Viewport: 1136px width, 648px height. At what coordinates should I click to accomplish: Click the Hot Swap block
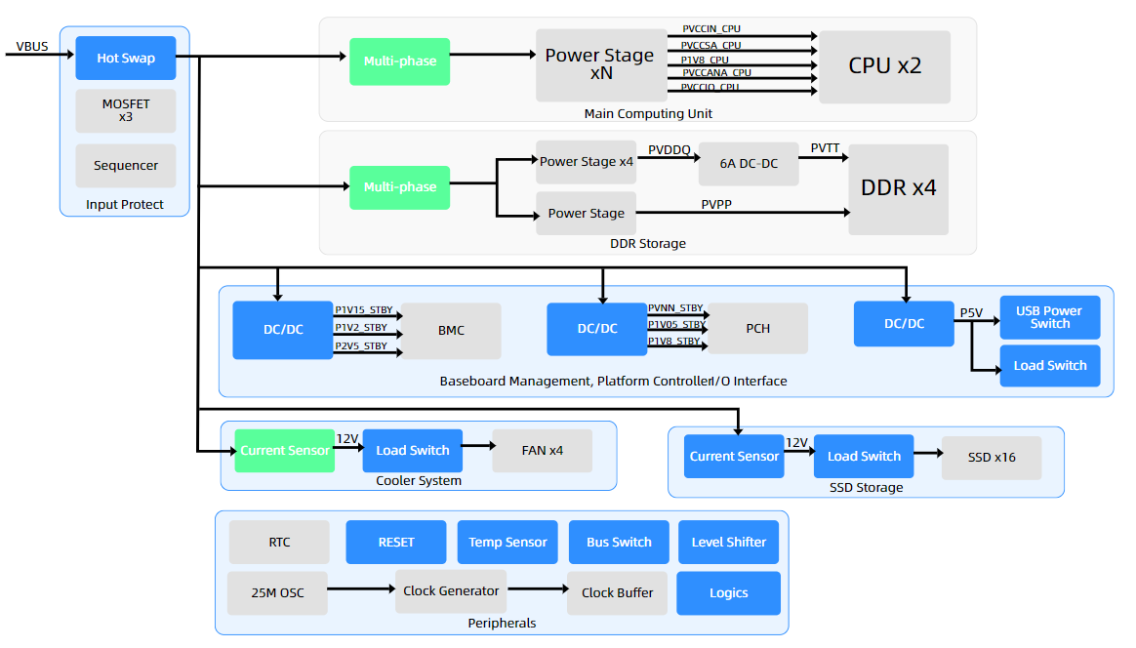point(125,59)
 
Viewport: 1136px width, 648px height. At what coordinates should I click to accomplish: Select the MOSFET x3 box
point(125,110)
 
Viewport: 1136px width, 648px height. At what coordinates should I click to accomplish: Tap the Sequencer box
point(125,166)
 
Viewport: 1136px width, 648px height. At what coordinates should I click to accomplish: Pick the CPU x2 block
point(884,66)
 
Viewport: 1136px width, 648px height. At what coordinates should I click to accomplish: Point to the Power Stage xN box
point(600,64)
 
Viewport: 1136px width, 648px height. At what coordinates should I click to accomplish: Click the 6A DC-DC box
point(749,163)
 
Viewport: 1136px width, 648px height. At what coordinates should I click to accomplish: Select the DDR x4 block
point(898,188)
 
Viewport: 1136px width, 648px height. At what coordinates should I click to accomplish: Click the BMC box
point(451,331)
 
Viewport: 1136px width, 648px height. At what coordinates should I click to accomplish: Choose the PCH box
point(757,329)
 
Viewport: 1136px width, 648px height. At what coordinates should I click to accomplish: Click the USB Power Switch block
point(1049,317)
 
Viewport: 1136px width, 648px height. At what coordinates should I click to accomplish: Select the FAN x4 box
point(542,451)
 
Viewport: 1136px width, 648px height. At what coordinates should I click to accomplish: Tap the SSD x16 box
point(991,457)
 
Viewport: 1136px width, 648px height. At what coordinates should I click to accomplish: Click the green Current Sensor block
point(284,451)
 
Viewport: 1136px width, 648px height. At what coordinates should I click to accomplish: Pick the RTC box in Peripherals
point(279,542)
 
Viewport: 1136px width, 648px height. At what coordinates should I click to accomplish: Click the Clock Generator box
point(451,591)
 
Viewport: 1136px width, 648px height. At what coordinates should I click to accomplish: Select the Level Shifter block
point(728,542)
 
